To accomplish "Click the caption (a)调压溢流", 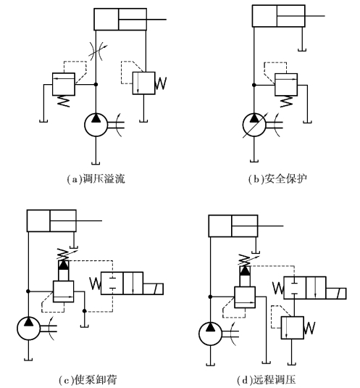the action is point(96,178).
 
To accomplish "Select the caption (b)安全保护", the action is point(277,178).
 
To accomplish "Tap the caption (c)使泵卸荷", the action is point(88,380).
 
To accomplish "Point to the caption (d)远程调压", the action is point(267,380).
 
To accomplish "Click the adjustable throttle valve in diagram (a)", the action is point(96,51).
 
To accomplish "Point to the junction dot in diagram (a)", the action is point(96,84).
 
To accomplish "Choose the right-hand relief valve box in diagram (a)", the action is point(144,83).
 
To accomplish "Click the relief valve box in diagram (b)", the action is point(286,85).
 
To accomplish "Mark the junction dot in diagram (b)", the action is point(254,85).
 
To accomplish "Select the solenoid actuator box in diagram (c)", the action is point(153,289).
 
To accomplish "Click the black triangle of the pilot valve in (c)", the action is point(64,265).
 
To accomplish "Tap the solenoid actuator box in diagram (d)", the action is point(336,294).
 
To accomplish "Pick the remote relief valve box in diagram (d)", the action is point(293,328).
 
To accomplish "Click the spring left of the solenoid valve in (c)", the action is point(95,284).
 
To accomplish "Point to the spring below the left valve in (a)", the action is point(64,102).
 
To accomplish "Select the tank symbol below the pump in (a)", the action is point(96,163).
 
